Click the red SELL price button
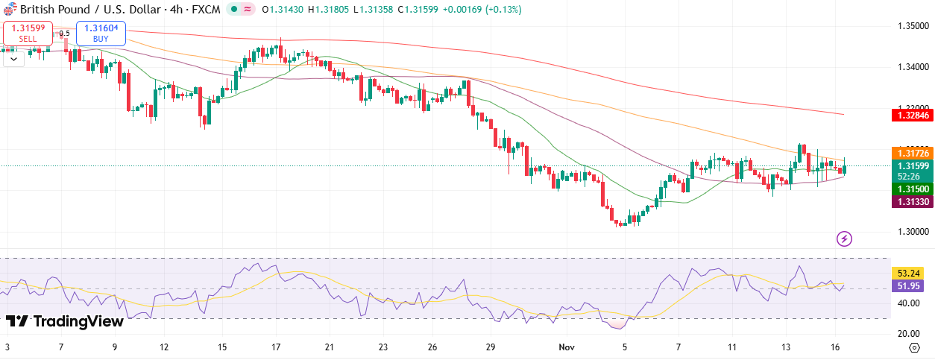(28, 33)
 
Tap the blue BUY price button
(101, 33)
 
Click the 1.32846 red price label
(913, 115)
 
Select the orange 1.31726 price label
(913, 153)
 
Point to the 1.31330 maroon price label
(913, 202)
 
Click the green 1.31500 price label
(913, 189)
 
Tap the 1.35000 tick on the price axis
(912, 26)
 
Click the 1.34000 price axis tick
(912, 67)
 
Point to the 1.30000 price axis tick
(912, 232)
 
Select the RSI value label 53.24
(911, 273)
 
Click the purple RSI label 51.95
(911, 285)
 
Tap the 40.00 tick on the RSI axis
(907, 303)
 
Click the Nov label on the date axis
(567, 347)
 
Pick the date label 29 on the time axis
(490, 347)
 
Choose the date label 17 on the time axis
(276, 347)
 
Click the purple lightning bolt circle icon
(845, 239)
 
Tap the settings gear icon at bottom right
(914, 347)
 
